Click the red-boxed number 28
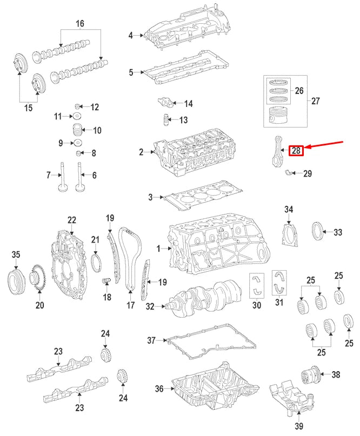296,151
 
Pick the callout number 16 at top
80,23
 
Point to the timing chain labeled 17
130,259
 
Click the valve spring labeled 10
79,130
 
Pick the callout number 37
152,340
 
